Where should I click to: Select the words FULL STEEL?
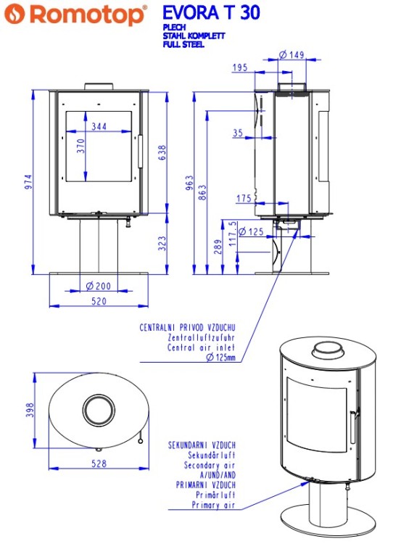tap(183, 44)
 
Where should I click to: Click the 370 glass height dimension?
tap(81, 145)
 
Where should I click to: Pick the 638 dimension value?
tap(162, 153)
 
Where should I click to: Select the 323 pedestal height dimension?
tap(162, 243)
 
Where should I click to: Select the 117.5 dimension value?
tap(231, 234)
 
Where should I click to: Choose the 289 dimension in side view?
tap(218, 247)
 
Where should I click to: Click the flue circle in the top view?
tap(96, 411)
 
